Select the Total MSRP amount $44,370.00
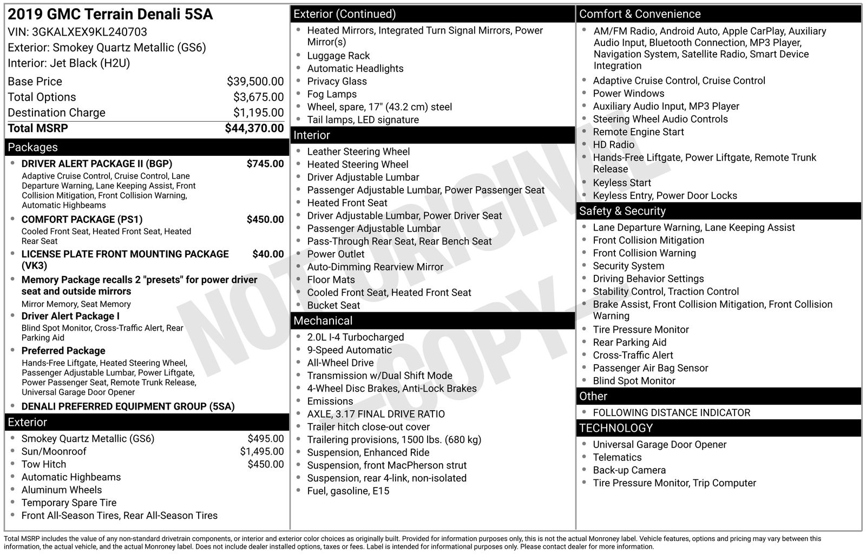tap(254, 128)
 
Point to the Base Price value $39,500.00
tap(255, 82)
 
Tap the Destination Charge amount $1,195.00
tap(258, 113)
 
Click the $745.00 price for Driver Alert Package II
tap(265, 164)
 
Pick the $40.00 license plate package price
tap(268, 254)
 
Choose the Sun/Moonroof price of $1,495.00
tap(262, 452)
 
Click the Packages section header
tap(32, 147)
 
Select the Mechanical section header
tap(323, 321)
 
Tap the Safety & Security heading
tap(622, 211)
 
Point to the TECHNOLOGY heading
tap(616, 428)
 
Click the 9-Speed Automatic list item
tap(350, 350)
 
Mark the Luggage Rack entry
tap(338, 56)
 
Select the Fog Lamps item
tap(332, 94)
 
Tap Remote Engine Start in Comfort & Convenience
tap(638, 132)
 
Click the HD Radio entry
tap(613, 145)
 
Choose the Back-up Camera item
tap(629, 470)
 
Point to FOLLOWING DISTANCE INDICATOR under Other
tap(671, 413)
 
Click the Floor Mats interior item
tap(331, 280)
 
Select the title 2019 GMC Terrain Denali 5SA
tap(110, 15)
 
